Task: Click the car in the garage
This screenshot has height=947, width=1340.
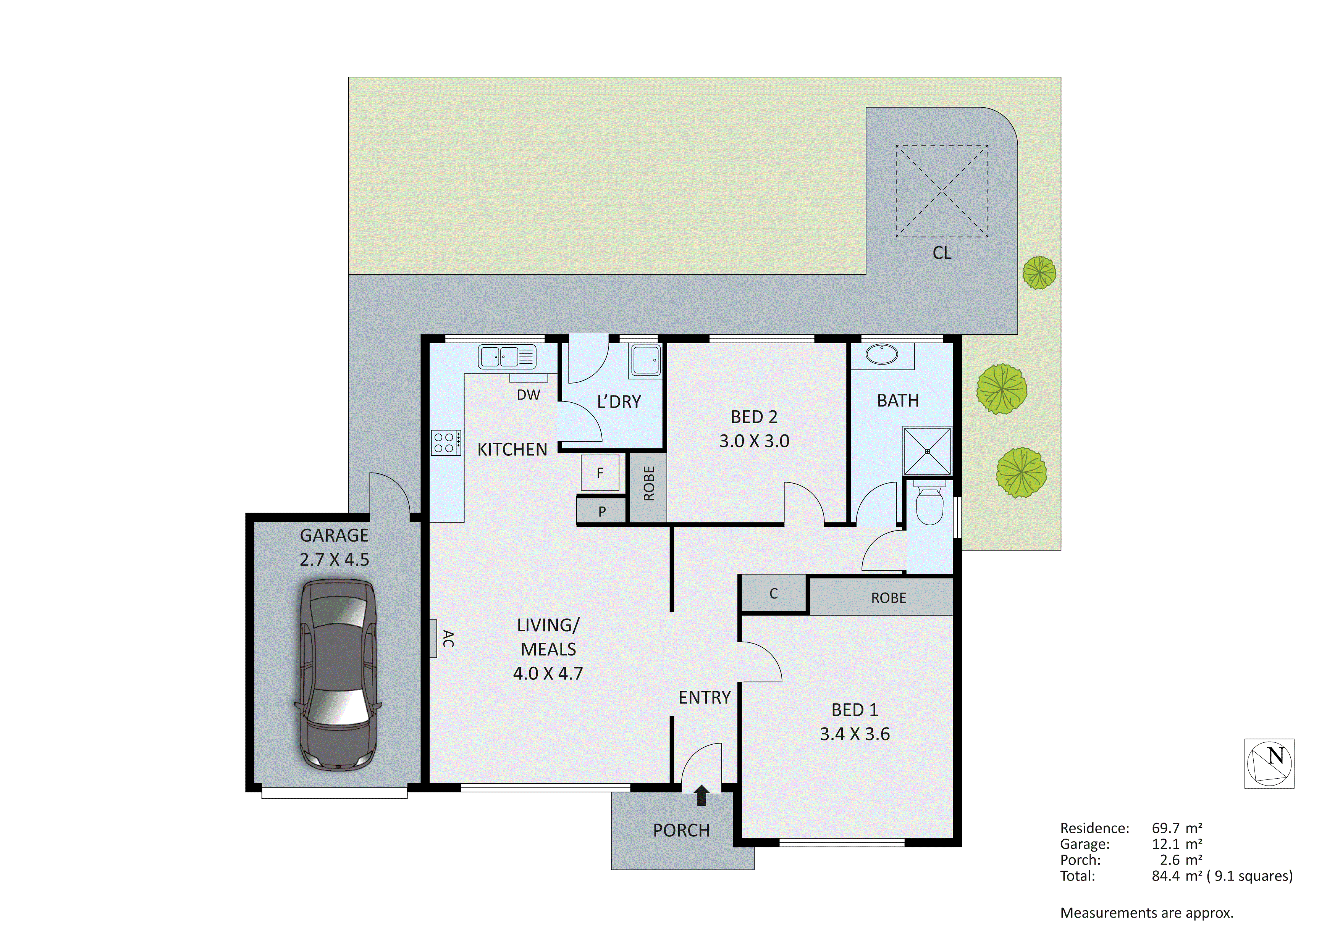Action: click(x=337, y=676)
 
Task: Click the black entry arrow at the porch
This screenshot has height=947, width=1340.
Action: click(x=702, y=795)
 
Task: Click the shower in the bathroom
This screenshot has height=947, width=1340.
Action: click(x=927, y=451)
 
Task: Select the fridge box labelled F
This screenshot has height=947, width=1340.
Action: click(x=600, y=473)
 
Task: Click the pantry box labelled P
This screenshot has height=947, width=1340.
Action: click(x=602, y=511)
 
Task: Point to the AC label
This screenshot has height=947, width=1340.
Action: click(x=448, y=638)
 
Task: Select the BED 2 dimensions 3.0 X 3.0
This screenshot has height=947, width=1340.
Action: click(x=754, y=441)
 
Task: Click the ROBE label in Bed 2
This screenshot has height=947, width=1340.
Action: click(x=649, y=484)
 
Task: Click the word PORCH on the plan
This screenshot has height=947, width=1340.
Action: click(x=681, y=830)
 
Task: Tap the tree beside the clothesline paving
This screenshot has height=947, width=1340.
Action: click(x=1039, y=273)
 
